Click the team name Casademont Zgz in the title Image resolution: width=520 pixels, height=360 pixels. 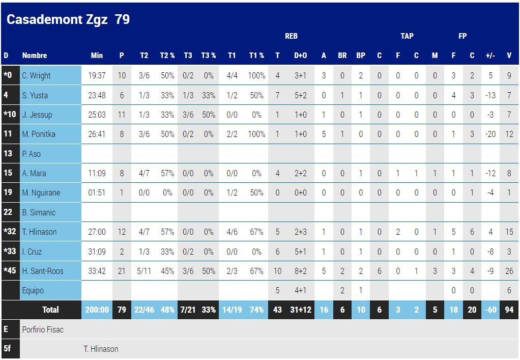[x=57, y=20]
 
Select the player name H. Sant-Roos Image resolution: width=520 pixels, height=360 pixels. [x=43, y=271]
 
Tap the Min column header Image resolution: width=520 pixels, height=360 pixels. [x=97, y=56]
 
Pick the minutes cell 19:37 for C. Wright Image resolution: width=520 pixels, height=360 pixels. [x=97, y=75]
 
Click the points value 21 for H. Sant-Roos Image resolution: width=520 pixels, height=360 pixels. [x=122, y=271]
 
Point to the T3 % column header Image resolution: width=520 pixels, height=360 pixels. [x=209, y=56]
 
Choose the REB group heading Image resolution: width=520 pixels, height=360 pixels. [x=291, y=36]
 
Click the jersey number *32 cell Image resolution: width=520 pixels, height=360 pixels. [x=10, y=232]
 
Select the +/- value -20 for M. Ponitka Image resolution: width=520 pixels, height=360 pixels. [x=490, y=134]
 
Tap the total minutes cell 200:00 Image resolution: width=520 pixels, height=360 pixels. [x=97, y=310]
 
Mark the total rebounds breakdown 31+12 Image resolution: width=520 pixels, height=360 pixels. [x=301, y=310]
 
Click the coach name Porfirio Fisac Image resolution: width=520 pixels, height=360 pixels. [x=43, y=329]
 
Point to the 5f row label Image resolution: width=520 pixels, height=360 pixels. [x=7, y=349]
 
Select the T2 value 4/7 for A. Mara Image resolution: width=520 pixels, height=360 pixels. [x=144, y=173]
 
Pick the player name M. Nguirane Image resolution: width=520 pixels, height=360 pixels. [x=41, y=192]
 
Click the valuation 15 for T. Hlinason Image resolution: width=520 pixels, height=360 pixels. [x=509, y=232]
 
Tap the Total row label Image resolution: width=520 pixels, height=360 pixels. [x=50, y=310]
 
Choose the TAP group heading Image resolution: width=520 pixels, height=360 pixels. [x=407, y=36]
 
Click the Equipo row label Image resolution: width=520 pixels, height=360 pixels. [x=33, y=290]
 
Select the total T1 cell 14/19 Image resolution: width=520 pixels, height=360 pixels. [x=232, y=310]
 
